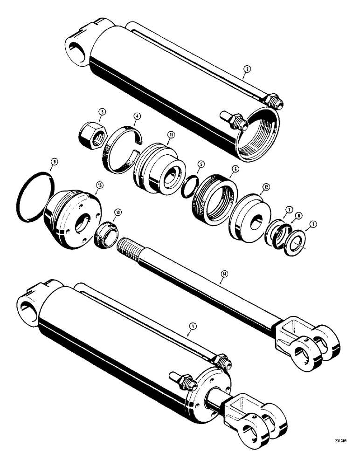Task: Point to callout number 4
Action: (137, 116)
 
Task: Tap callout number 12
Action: (265, 187)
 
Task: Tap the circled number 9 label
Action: (55, 161)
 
